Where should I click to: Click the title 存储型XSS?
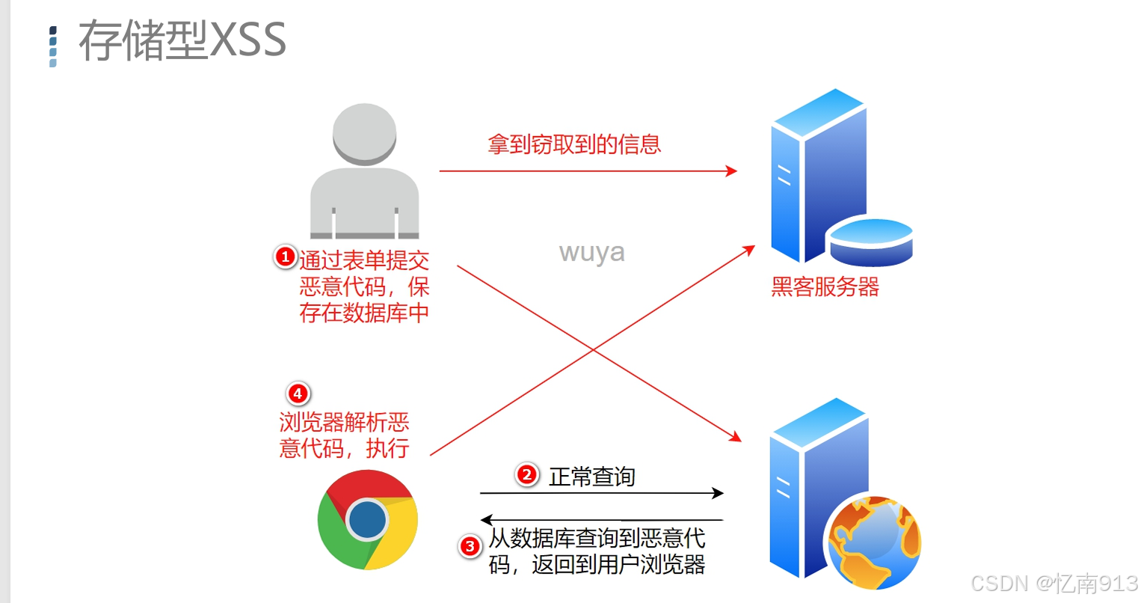(182, 40)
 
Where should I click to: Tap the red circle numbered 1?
(285, 257)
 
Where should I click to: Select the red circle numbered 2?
(527, 474)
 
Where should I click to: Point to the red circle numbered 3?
(470, 546)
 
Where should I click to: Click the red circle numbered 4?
(298, 394)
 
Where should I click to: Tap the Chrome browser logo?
(367, 520)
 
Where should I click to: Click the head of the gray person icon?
(364, 133)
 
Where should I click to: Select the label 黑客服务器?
(825, 287)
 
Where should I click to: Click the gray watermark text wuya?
(591, 253)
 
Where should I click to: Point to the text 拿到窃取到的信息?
(574, 144)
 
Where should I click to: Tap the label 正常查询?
(591, 477)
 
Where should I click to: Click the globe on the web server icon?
(874, 542)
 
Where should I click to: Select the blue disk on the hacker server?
(870, 241)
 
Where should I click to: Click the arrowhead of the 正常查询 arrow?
(718, 493)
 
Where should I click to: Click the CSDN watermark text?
(1054, 583)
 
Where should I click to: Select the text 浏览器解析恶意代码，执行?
(344, 435)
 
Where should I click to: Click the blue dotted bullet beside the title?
(52, 46)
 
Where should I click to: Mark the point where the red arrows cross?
(594, 350)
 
